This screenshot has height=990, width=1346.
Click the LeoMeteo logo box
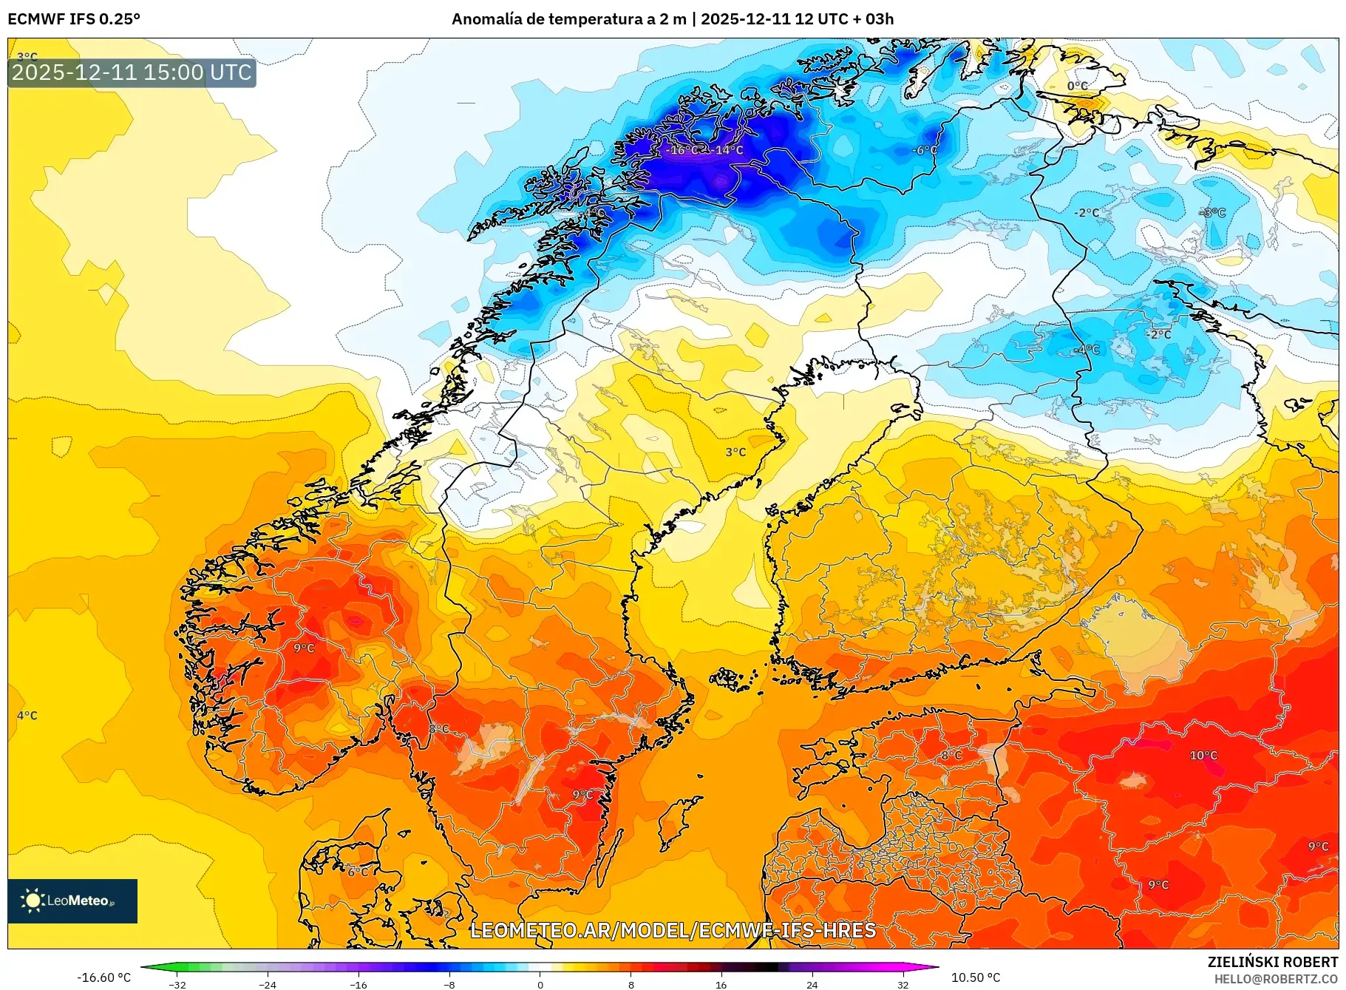pyautogui.click(x=72, y=901)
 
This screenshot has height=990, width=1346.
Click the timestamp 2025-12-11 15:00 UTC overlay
pyautogui.click(x=132, y=72)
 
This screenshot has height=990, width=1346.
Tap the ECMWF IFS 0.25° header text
pyautogui.click(x=74, y=19)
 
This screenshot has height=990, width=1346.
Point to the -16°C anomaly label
pyautogui.click(x=681, y=150)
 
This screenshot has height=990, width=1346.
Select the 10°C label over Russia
pyautogui.click(x=1203, y=756)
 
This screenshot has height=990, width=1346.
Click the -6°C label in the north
pyautogui.click(x=924, y=150)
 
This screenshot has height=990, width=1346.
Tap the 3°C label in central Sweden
pyautogui.click(x=735, y=452)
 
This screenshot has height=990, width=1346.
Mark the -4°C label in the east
pyautogui.click(x=1087, y=350)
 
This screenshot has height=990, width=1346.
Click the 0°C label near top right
pyautogui.click(x=1078, y=86)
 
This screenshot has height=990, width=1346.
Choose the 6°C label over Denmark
pyautogui.click(x=358, y=872)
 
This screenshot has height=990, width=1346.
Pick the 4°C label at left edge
pyautogui.click(x=27, y=716)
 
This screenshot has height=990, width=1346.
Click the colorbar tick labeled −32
pyautogui.click(x=177, y=985)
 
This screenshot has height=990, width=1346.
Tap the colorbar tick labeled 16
pyautogui.click(x=721, y=985)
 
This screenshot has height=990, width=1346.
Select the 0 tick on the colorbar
pyautogui.click(x=540, y=985)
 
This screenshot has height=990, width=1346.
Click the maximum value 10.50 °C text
pyautogui.click(x=976, y=977)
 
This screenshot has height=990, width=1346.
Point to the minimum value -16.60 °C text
pyautogui.click(x=104, y=977)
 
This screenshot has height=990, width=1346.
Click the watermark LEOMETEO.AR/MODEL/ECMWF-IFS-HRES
pyautogui.click(x=673, y=930)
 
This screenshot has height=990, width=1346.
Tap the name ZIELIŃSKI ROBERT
pyautogui.click(x=1273, y=962)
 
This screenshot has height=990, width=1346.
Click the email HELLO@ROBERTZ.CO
pyautogui.click(x=1276, y=979)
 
